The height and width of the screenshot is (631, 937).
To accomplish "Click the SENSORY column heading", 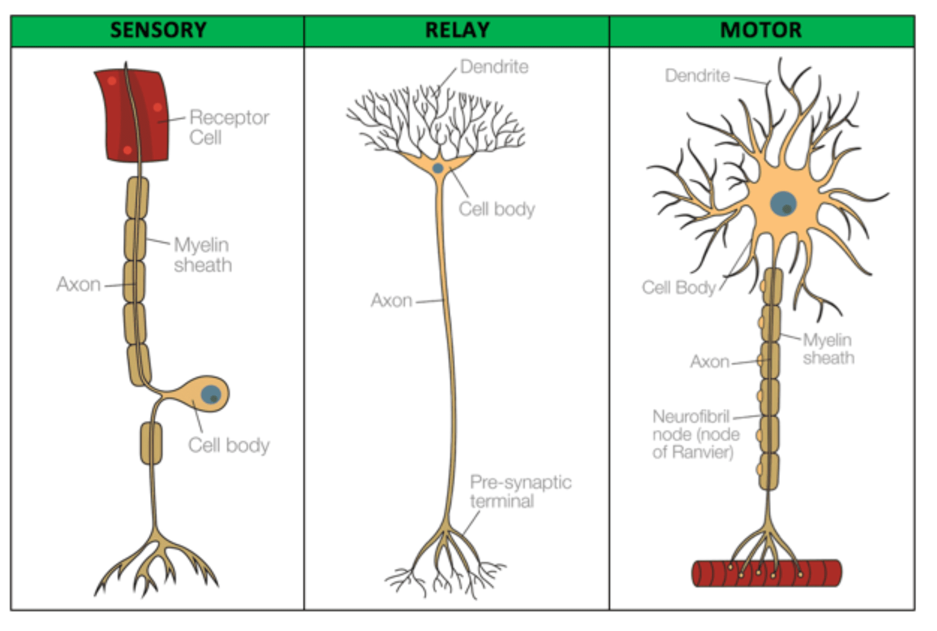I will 158,31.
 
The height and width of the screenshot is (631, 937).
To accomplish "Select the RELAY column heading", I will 457,31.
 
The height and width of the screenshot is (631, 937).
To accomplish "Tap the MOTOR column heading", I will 761,31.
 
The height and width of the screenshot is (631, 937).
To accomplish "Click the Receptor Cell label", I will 229,127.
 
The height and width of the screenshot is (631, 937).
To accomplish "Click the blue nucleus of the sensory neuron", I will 211,394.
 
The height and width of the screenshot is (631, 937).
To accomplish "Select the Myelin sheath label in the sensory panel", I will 202,255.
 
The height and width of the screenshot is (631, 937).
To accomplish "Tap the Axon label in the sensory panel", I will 79,285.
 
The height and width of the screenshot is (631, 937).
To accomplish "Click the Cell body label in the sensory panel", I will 229,445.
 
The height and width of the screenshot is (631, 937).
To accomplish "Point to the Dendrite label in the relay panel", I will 494,67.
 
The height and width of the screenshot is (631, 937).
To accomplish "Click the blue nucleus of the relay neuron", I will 438,168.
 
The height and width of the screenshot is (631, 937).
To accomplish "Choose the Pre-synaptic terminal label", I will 520,491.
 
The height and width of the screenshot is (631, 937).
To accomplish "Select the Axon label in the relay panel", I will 392,301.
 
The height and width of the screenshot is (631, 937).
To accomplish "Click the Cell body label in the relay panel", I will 497,209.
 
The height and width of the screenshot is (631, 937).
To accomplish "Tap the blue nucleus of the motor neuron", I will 783,204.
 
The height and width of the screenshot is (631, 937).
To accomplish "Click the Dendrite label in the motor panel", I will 697,75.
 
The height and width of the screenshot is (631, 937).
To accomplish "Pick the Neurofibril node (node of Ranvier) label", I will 695,434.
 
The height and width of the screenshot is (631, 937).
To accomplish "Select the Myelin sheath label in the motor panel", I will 828,349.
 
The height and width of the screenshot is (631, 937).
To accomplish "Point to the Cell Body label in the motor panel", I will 679,287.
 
